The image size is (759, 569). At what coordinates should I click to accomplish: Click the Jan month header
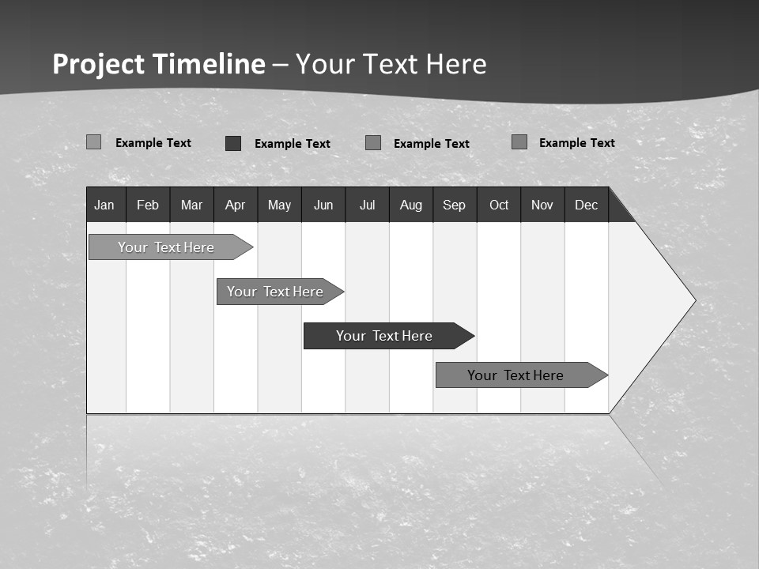[x=104, y=205]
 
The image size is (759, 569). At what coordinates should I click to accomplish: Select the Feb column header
[x=148, y=205]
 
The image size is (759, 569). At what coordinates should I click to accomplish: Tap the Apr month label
[x=235, y=205]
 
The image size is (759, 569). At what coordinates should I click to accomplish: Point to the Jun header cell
[x=323, y=205]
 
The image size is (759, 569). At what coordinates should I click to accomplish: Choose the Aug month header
[x=410, y=205]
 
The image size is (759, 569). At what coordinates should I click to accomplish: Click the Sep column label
[x=454, y=205]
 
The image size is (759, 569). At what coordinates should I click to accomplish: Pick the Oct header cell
[x=499, y=205]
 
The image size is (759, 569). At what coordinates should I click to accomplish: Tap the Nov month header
[x=542, y=205]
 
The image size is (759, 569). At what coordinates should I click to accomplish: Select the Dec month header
[x=586, y=205]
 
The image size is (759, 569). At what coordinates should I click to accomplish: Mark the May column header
[x=279, y=205]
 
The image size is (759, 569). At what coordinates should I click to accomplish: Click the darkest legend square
[x=233, y=143]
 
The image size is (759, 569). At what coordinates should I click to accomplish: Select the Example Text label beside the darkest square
[x=292, y=144]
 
